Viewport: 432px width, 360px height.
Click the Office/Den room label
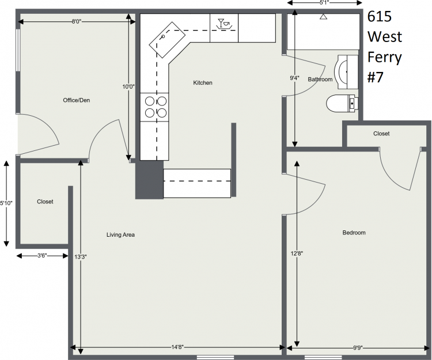[76, 100]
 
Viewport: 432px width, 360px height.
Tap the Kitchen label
[203, 82]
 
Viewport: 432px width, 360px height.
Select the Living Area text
[120, 234]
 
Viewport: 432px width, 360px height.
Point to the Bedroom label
[354, 233]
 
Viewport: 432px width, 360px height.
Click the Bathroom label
[320, 79]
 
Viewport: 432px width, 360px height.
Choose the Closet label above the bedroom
[381, 134]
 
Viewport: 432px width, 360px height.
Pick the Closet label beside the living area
[45, 202]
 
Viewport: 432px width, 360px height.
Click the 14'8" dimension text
[177, 347]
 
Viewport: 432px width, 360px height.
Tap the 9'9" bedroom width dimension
[358, 347]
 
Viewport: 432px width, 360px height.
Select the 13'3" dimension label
[81, 257]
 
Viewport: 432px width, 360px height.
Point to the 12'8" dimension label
[297, 253]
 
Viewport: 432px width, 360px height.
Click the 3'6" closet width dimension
[42, 256]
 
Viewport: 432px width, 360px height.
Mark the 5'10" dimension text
[6, 203]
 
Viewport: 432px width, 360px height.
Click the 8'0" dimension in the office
[76, 21]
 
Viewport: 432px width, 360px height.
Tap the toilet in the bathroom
[342, 104]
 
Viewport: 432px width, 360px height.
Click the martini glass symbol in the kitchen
[221, 22]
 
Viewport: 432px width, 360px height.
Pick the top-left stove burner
[150, 101]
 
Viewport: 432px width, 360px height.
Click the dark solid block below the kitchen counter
[149, 180]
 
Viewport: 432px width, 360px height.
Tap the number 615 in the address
[380, 17]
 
